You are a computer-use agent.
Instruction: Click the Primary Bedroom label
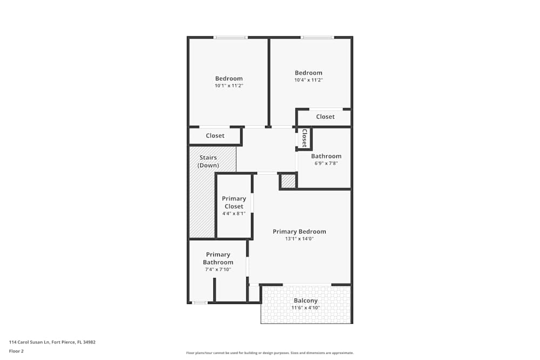[299, 232]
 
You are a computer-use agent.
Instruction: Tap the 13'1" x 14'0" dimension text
[299, 239]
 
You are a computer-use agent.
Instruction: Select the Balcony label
[306, 301]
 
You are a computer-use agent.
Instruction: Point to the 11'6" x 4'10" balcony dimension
[306, 308]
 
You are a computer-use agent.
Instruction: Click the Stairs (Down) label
[208, 161]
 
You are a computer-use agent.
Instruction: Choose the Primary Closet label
[234, 202]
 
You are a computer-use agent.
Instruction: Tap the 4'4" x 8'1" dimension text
[234, 213]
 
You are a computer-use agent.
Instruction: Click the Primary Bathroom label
[218, 259]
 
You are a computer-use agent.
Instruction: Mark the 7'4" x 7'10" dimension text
[218, 269]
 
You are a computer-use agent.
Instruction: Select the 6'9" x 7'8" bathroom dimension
[326, 163]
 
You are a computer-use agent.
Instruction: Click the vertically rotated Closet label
[305, 138]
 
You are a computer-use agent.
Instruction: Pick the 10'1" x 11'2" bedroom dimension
[229, 85]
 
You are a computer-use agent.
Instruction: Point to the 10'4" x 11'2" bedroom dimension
[308, 80]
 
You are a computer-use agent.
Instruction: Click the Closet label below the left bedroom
[215, 136]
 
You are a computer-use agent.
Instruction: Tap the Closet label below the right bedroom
[325, 117]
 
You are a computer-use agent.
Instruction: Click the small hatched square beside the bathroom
[288, 181]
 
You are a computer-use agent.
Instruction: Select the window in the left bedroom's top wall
[231, 37]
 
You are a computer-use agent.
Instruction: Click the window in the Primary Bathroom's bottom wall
[200, 303]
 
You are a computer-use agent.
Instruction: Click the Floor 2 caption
[16, 351]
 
